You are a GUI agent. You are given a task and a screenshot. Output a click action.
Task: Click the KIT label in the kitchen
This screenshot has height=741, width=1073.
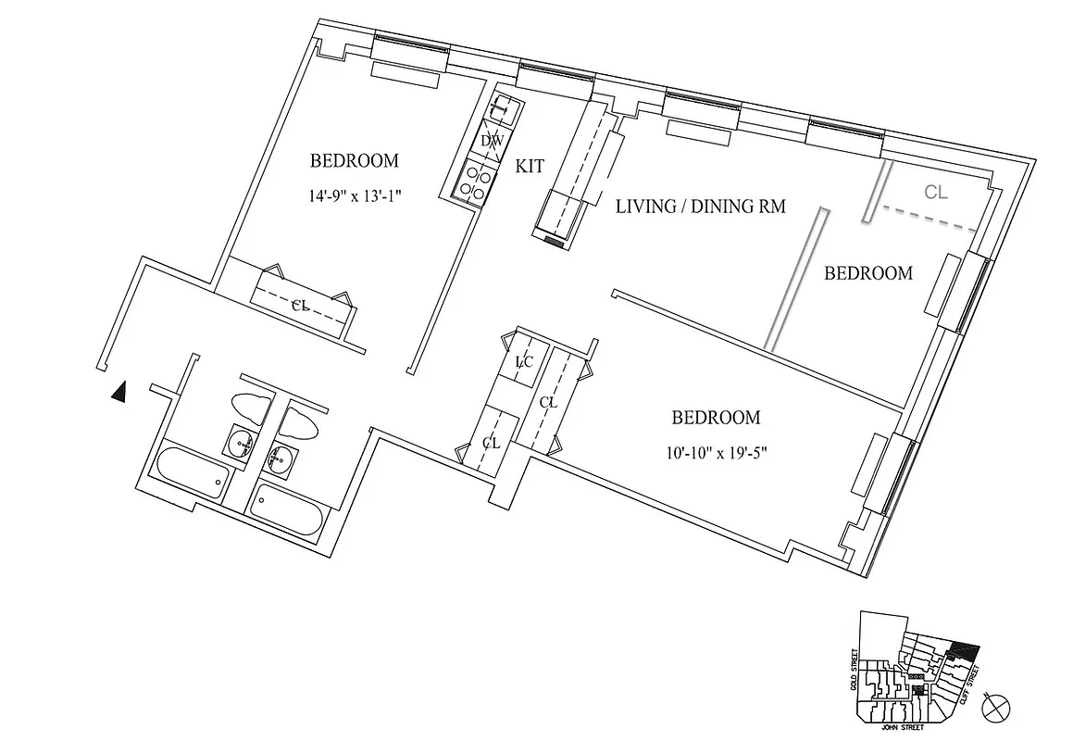point(530,167)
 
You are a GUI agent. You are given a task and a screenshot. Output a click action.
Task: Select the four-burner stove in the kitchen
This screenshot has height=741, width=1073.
point(476,180)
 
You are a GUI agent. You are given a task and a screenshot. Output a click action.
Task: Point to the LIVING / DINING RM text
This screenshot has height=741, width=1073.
point(700,207)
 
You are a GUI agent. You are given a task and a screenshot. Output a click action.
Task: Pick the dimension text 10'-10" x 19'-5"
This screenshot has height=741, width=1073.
point(716,453)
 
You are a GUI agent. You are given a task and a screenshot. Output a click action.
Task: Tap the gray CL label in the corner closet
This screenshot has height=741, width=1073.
point(936,192)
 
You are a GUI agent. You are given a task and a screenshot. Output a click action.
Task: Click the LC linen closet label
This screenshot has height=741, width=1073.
point(523,363)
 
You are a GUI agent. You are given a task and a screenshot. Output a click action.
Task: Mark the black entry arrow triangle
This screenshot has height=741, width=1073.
point(118,393)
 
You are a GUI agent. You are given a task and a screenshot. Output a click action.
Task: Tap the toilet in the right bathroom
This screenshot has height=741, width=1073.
point(299,424)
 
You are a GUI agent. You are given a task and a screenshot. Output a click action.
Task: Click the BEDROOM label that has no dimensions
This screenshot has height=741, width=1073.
point(867,273)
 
